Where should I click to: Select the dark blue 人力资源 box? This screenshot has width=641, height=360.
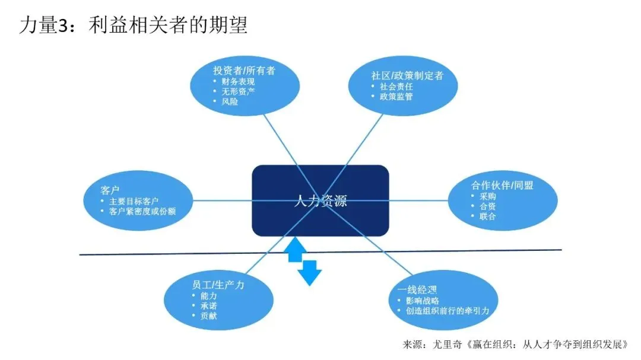[320, 200]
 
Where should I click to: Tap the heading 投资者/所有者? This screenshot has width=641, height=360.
[244, 70]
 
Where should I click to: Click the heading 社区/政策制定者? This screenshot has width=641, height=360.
[407, 75]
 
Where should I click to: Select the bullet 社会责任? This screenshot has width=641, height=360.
[396, 86]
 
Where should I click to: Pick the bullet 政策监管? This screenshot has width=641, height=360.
[396, 96]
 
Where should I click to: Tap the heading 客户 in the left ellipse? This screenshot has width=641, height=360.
[111, 190]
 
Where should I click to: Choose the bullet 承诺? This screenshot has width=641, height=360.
[209, 305]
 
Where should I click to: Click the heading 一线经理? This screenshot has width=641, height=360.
[417, 290]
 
